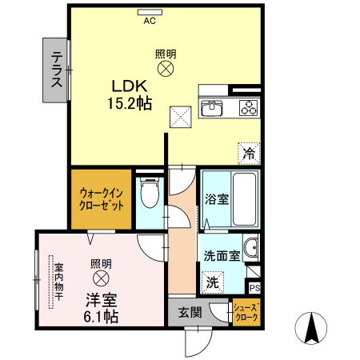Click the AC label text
pos(149,22)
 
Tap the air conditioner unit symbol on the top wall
pos(149,12)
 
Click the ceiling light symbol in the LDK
pos(166,70)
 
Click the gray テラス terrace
pos(57,70)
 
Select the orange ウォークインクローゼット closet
pos(101,198)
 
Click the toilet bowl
pos(147,193)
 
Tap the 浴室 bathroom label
pos(215,198)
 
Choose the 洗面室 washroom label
pos(221,257)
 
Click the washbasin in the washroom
pos(251,247)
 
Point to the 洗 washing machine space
pos(212,282)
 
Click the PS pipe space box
pos(254,288)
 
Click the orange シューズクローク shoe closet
pos(246,312)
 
